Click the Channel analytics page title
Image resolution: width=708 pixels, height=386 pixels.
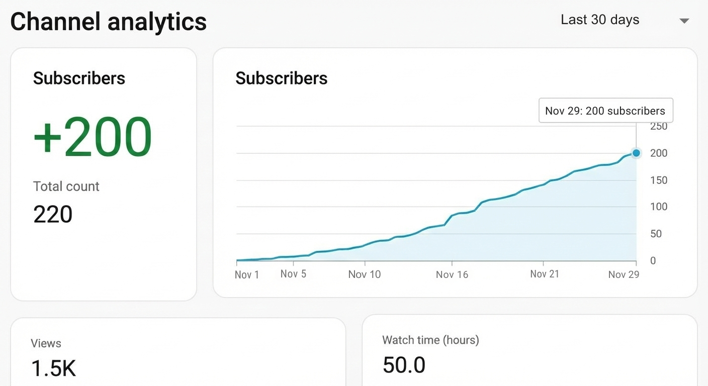(108, 22)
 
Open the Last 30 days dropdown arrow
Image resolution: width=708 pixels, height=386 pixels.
(684, 21)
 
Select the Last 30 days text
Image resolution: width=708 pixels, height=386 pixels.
(600, 20)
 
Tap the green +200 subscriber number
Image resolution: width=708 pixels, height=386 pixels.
(93, 137)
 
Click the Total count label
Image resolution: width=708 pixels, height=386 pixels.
(66, 186)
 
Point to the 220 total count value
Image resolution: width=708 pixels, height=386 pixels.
(53, 214)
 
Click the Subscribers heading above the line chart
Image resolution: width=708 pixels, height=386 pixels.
(282, 78)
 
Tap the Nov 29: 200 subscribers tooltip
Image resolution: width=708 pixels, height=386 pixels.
(605, 111)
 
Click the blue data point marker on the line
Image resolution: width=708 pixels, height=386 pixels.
(636, 153)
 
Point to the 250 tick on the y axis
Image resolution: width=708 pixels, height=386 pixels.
(659, 127)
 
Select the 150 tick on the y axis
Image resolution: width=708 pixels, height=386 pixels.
(659, 180)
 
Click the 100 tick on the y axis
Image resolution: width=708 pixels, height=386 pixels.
(659, 207)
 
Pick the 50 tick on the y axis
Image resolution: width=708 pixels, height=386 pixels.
(656, 234)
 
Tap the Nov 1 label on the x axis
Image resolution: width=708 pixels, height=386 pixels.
(247, 275)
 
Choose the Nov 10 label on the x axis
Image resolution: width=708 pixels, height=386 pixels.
(365, 274)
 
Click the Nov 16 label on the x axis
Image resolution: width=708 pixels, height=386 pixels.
(452, 274)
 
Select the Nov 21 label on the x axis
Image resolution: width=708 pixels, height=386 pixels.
(544, 274)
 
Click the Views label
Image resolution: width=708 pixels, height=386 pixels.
(46, 343)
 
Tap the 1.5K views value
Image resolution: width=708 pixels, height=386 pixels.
(53, 368)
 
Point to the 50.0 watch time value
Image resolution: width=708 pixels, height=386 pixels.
(404, 365)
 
